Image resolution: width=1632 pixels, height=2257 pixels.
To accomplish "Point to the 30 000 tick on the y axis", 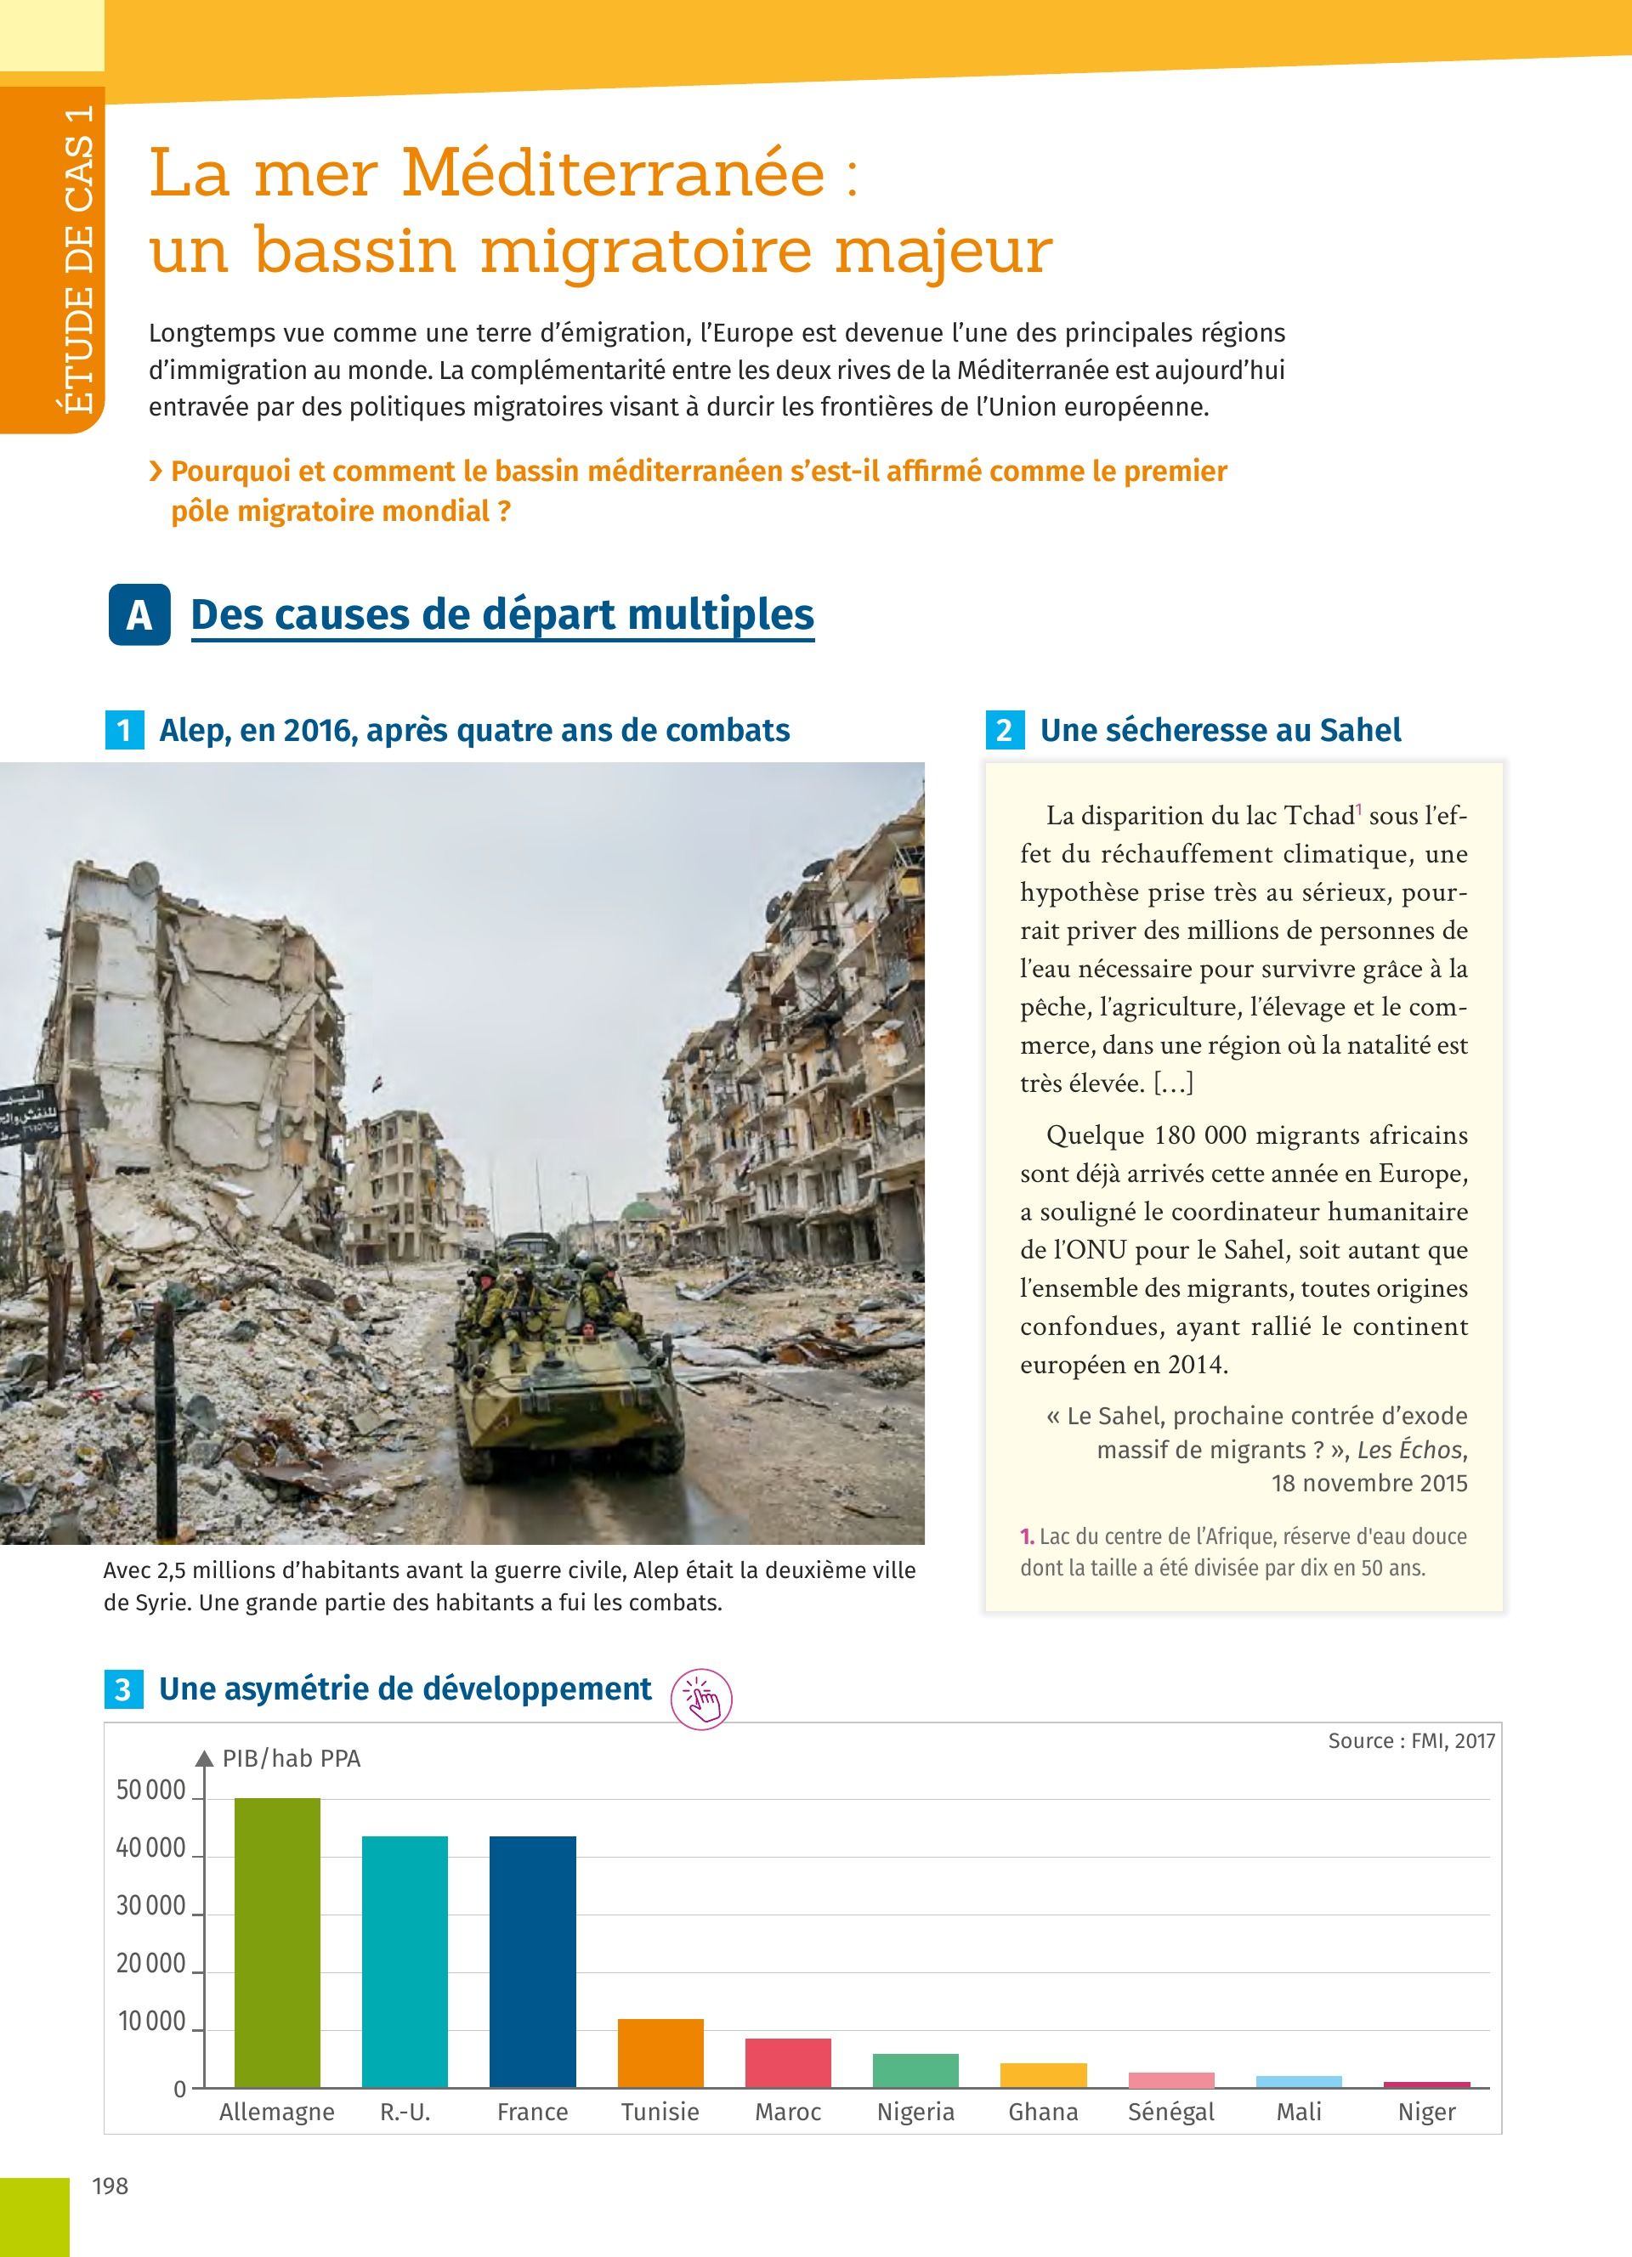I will (x=151, y=1906).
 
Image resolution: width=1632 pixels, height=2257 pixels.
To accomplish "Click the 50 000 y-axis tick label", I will (x=151, y=1790).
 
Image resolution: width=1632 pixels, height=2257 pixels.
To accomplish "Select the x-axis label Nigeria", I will (x=915, y=2112).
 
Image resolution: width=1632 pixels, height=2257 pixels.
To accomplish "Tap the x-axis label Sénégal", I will (x=1170, y=2112).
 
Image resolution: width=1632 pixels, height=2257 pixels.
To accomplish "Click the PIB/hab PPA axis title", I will (x=291, y=1758).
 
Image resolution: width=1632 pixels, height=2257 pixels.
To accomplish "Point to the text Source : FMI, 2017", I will (x=1410, y=1740).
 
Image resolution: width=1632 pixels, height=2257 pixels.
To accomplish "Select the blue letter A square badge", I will (x=139, y=615).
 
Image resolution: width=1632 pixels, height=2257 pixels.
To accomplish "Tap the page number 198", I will (x=110, y=2186).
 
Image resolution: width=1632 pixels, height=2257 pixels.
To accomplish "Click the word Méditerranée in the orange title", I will (x=613, y=173).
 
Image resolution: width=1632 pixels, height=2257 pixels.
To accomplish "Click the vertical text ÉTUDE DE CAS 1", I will (x=77, y=258).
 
